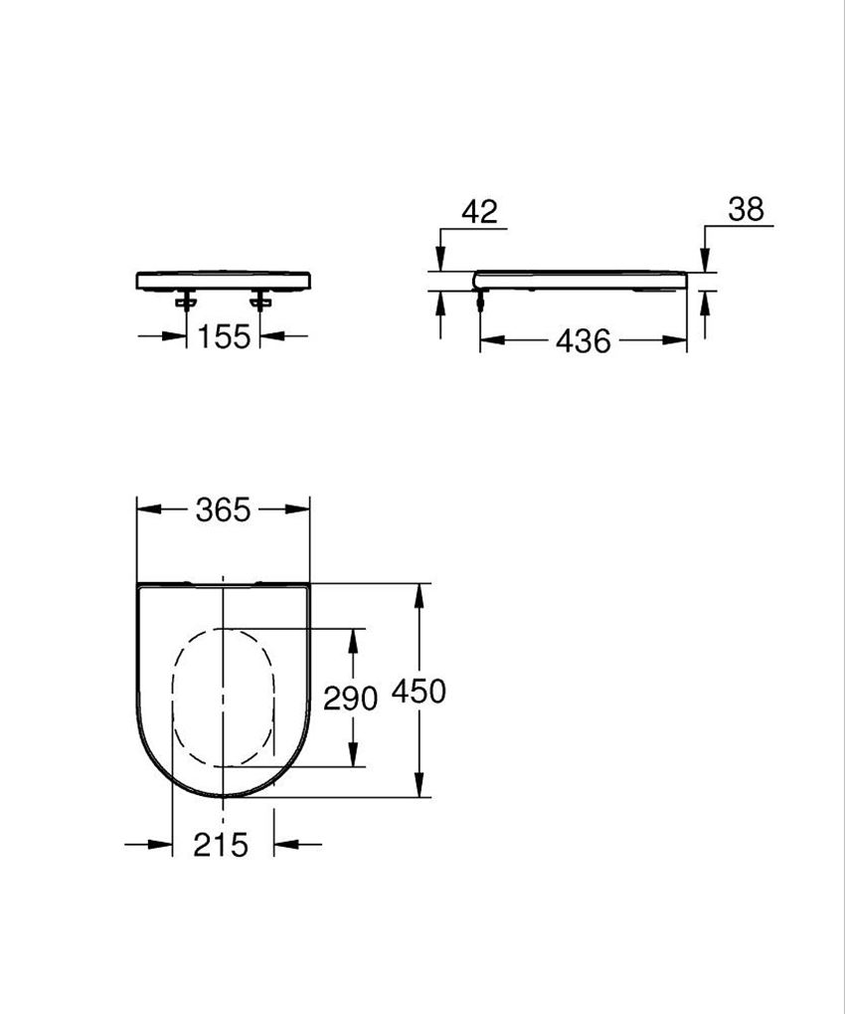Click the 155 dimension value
click(223, 337)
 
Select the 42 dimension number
click(479, 211)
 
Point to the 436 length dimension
click(583, 341)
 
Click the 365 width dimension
click(223, 509)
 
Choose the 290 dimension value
click(351, 699)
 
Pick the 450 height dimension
click(419, 691)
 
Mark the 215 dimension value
click(221, 845)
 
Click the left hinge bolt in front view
click(186, 300)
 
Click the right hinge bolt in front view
click(261, 300)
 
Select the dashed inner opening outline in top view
click(174, 697)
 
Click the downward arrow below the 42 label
click(440, 260)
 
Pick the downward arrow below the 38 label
click(704, 260)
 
